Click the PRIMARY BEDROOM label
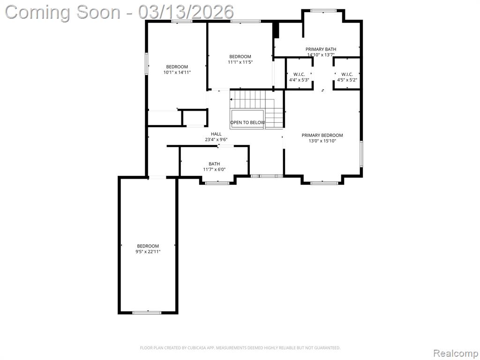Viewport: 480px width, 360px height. [322, 135]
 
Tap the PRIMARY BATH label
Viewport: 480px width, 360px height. [321, 49]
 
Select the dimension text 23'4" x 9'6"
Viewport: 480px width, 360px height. [216, 140]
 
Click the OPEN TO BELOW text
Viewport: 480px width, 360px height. [247, 122]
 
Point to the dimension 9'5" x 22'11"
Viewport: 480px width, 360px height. [148, 252]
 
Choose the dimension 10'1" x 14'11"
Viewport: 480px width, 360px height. [177, 72]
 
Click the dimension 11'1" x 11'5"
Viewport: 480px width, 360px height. [240, 62]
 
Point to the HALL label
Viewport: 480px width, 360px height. [216, 134]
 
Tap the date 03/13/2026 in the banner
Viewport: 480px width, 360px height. [186, 12]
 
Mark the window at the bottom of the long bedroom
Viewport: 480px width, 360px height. [147, 313]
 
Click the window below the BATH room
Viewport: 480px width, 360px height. [217, 183]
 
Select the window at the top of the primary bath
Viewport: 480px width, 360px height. [323, 11]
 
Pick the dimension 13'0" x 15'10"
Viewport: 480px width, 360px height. [322, 141]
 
